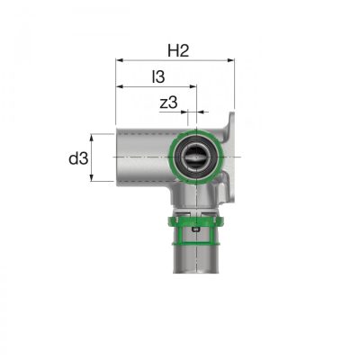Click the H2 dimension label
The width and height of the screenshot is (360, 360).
(x=178, y=50)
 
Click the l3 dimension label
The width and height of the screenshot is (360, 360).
(x=158, y=76)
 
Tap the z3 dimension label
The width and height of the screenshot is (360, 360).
(x=168, y=103)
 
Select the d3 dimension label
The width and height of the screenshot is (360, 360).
(x=78, y=158)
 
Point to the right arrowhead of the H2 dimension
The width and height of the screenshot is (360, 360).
(x=230, y=60)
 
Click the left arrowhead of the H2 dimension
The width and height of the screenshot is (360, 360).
(x=120, y=60)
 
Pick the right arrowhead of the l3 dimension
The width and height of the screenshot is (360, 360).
(x=193, y=86)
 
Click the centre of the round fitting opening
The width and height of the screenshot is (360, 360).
(x=195, y=157)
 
